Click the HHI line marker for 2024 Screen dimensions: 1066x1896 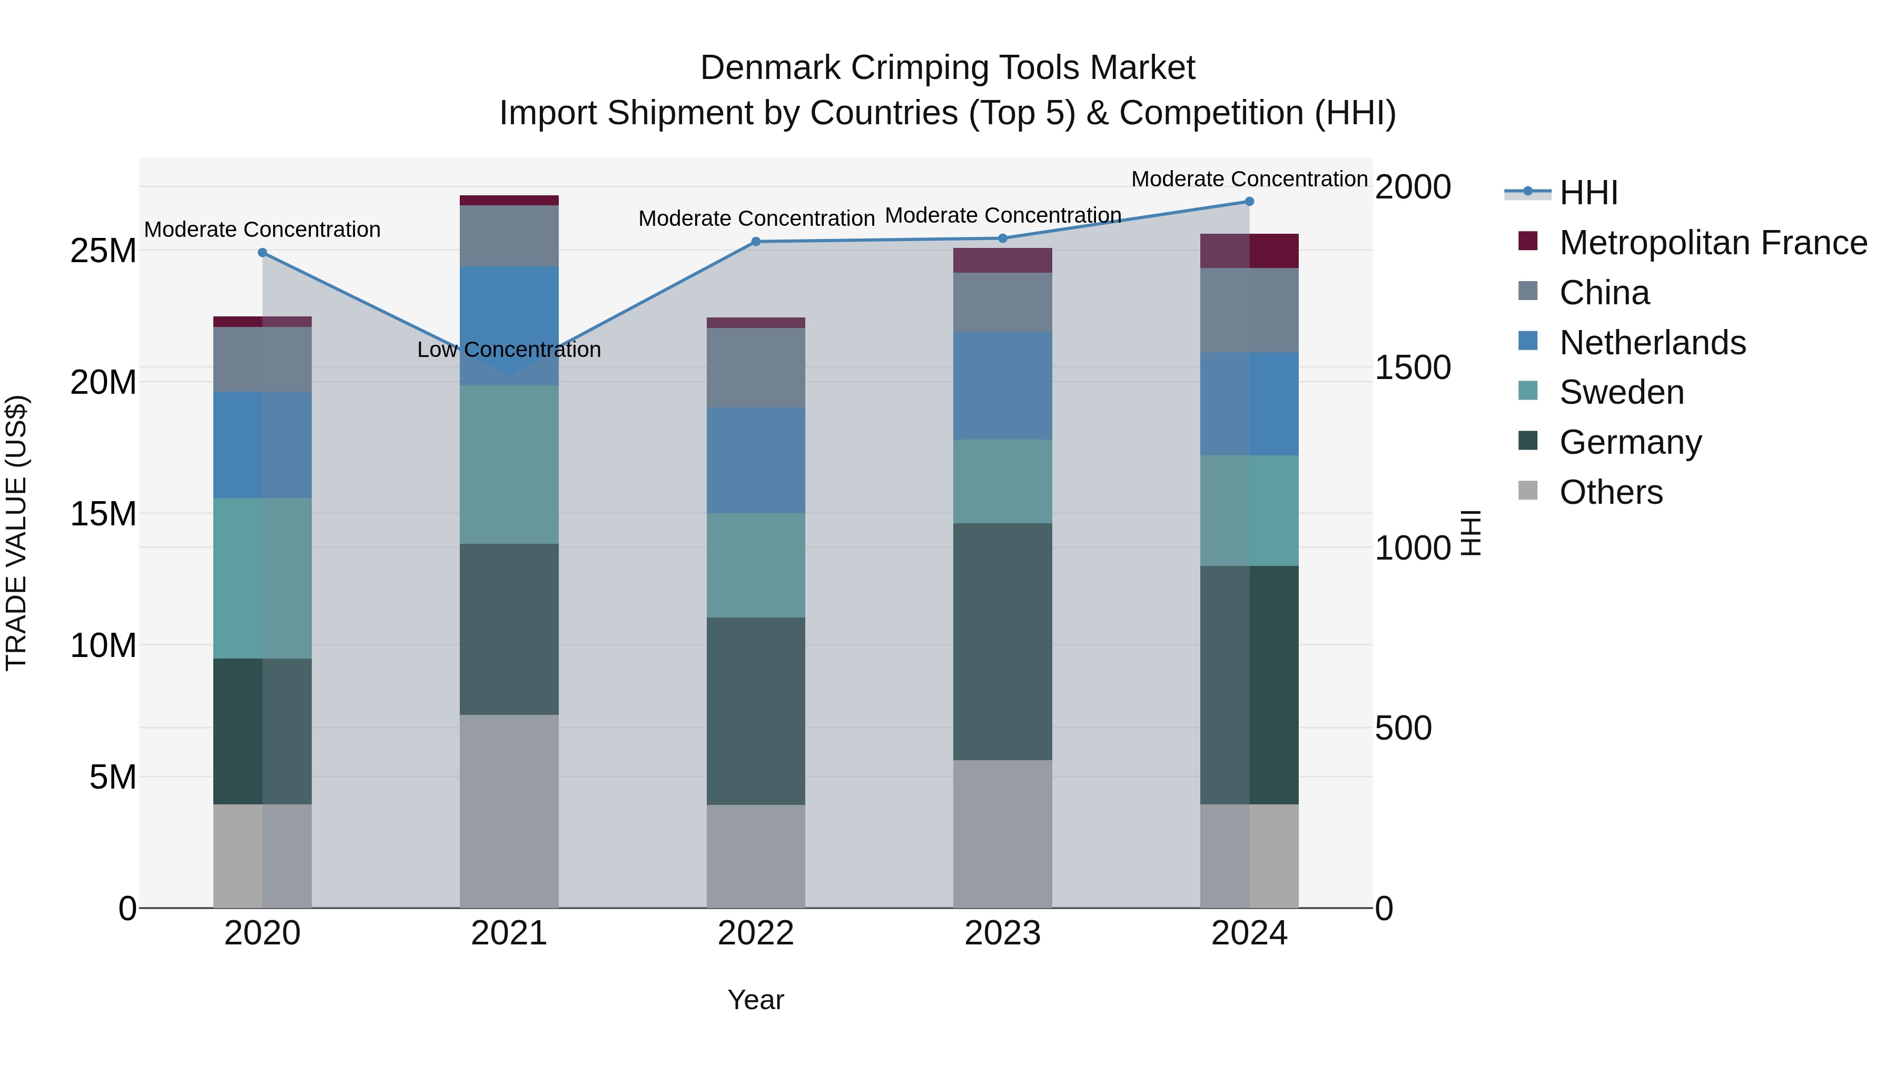point(1249,201)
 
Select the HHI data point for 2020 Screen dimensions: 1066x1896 point(262,252)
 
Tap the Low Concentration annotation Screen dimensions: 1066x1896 point(509,350)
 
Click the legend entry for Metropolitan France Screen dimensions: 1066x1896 point(1713,243)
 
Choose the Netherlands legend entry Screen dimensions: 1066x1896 point(1652,343)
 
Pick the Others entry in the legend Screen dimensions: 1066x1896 point(1611,492)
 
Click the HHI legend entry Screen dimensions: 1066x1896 point(1588,193)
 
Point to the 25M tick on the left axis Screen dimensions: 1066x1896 point(103,251)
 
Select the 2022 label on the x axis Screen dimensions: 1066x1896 point(755,933)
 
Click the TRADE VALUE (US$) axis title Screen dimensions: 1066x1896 point(16,533)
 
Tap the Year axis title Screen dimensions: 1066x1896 point(755,1000)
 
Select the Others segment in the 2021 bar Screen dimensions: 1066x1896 point(509,811)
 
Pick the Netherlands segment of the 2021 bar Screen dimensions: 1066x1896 point(509,325)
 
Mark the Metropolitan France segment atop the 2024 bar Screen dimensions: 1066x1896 point(1249,251)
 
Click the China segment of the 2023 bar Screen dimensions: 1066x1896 point(1002,302)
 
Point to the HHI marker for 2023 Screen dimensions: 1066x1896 point(1002,238)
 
